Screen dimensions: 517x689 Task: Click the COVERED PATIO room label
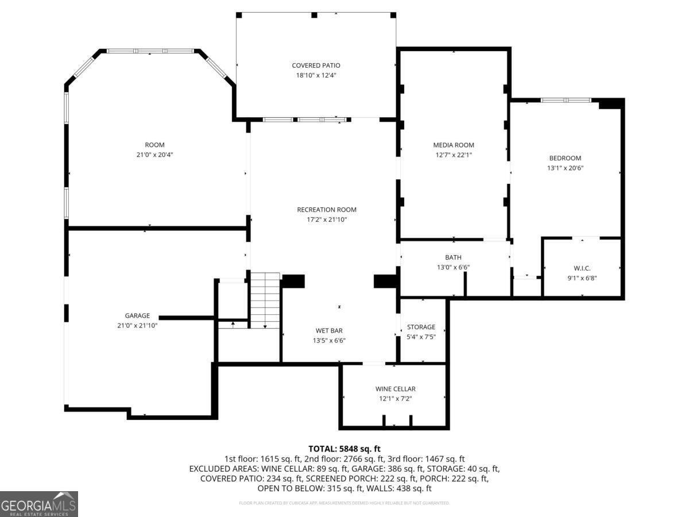316,65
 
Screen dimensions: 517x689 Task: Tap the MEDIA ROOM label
454,145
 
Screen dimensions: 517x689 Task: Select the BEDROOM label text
565,158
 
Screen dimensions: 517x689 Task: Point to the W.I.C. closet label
582,268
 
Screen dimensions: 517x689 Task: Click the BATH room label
453,257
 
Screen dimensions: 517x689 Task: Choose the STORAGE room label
421,327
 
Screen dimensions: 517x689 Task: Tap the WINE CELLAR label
395,389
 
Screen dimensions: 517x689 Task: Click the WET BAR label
330,330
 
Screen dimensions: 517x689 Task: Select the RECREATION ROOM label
327,210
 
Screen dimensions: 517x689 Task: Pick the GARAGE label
137,315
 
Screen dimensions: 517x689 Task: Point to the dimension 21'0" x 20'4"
154,155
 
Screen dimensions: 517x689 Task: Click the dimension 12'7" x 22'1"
454,155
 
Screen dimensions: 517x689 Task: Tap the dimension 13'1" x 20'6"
565,168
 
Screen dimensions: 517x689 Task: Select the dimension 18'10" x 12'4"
316,75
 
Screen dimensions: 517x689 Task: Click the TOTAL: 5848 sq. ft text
344,449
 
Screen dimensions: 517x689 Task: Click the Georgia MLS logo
39,504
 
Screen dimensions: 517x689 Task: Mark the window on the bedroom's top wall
566,100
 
